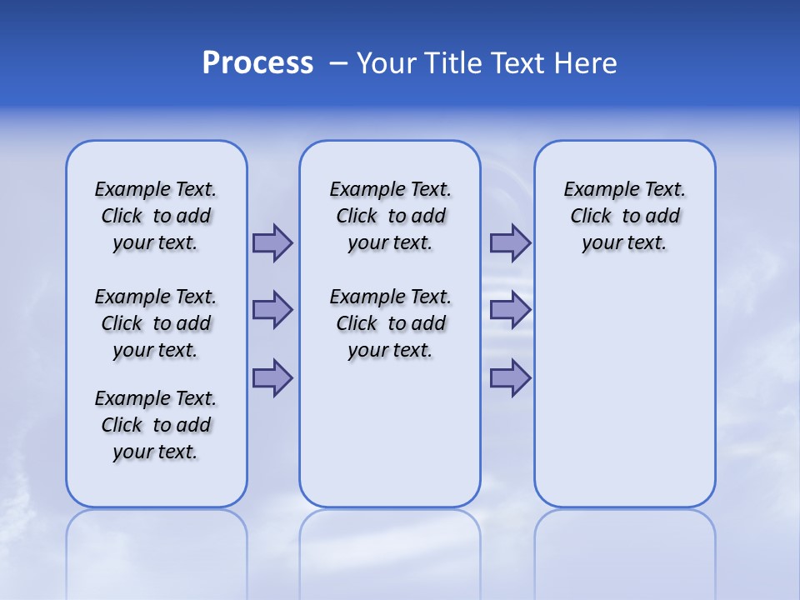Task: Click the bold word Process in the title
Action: click(257, 63)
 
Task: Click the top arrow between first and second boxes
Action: click(272, 242)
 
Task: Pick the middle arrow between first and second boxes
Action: click(272, 310)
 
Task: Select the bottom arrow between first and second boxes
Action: click(272, 378)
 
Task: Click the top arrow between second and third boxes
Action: click(510, 242)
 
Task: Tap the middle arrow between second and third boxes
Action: click(510, 310)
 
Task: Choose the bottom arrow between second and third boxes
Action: click(510, 378)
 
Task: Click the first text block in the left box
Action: click(156, 216)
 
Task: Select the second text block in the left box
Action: click(156, 323)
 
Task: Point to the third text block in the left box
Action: click(156, 425)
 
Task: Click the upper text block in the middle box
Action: click(391, 216)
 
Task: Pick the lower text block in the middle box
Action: click(391, 323)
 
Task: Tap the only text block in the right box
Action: click(625, 216)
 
